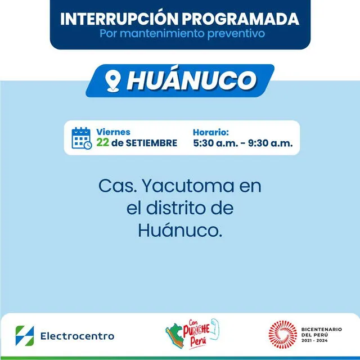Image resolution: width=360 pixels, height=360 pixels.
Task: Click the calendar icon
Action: click(x=82, y=138)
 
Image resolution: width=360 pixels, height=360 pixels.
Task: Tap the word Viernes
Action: click(x=113, y=132)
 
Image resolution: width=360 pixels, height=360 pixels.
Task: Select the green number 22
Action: click(x=102, y=143)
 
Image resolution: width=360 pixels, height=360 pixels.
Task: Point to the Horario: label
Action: click(x=211, y=132)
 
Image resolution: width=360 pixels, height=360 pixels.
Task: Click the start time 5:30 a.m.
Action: click(x=214, y=143)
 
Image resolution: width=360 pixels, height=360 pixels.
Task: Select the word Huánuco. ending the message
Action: click(x=180, y=230)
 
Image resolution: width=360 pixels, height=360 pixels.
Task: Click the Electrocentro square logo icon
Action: click(x=25, y=336)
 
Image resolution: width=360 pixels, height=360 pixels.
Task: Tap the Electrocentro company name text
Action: click(x=77, y=336)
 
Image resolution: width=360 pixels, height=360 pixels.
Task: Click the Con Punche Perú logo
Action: click(x=191, y=335)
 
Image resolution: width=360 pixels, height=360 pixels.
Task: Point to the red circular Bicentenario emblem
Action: click(x=282, y=335)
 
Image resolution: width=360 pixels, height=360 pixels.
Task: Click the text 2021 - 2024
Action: click(x=314, y=342)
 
